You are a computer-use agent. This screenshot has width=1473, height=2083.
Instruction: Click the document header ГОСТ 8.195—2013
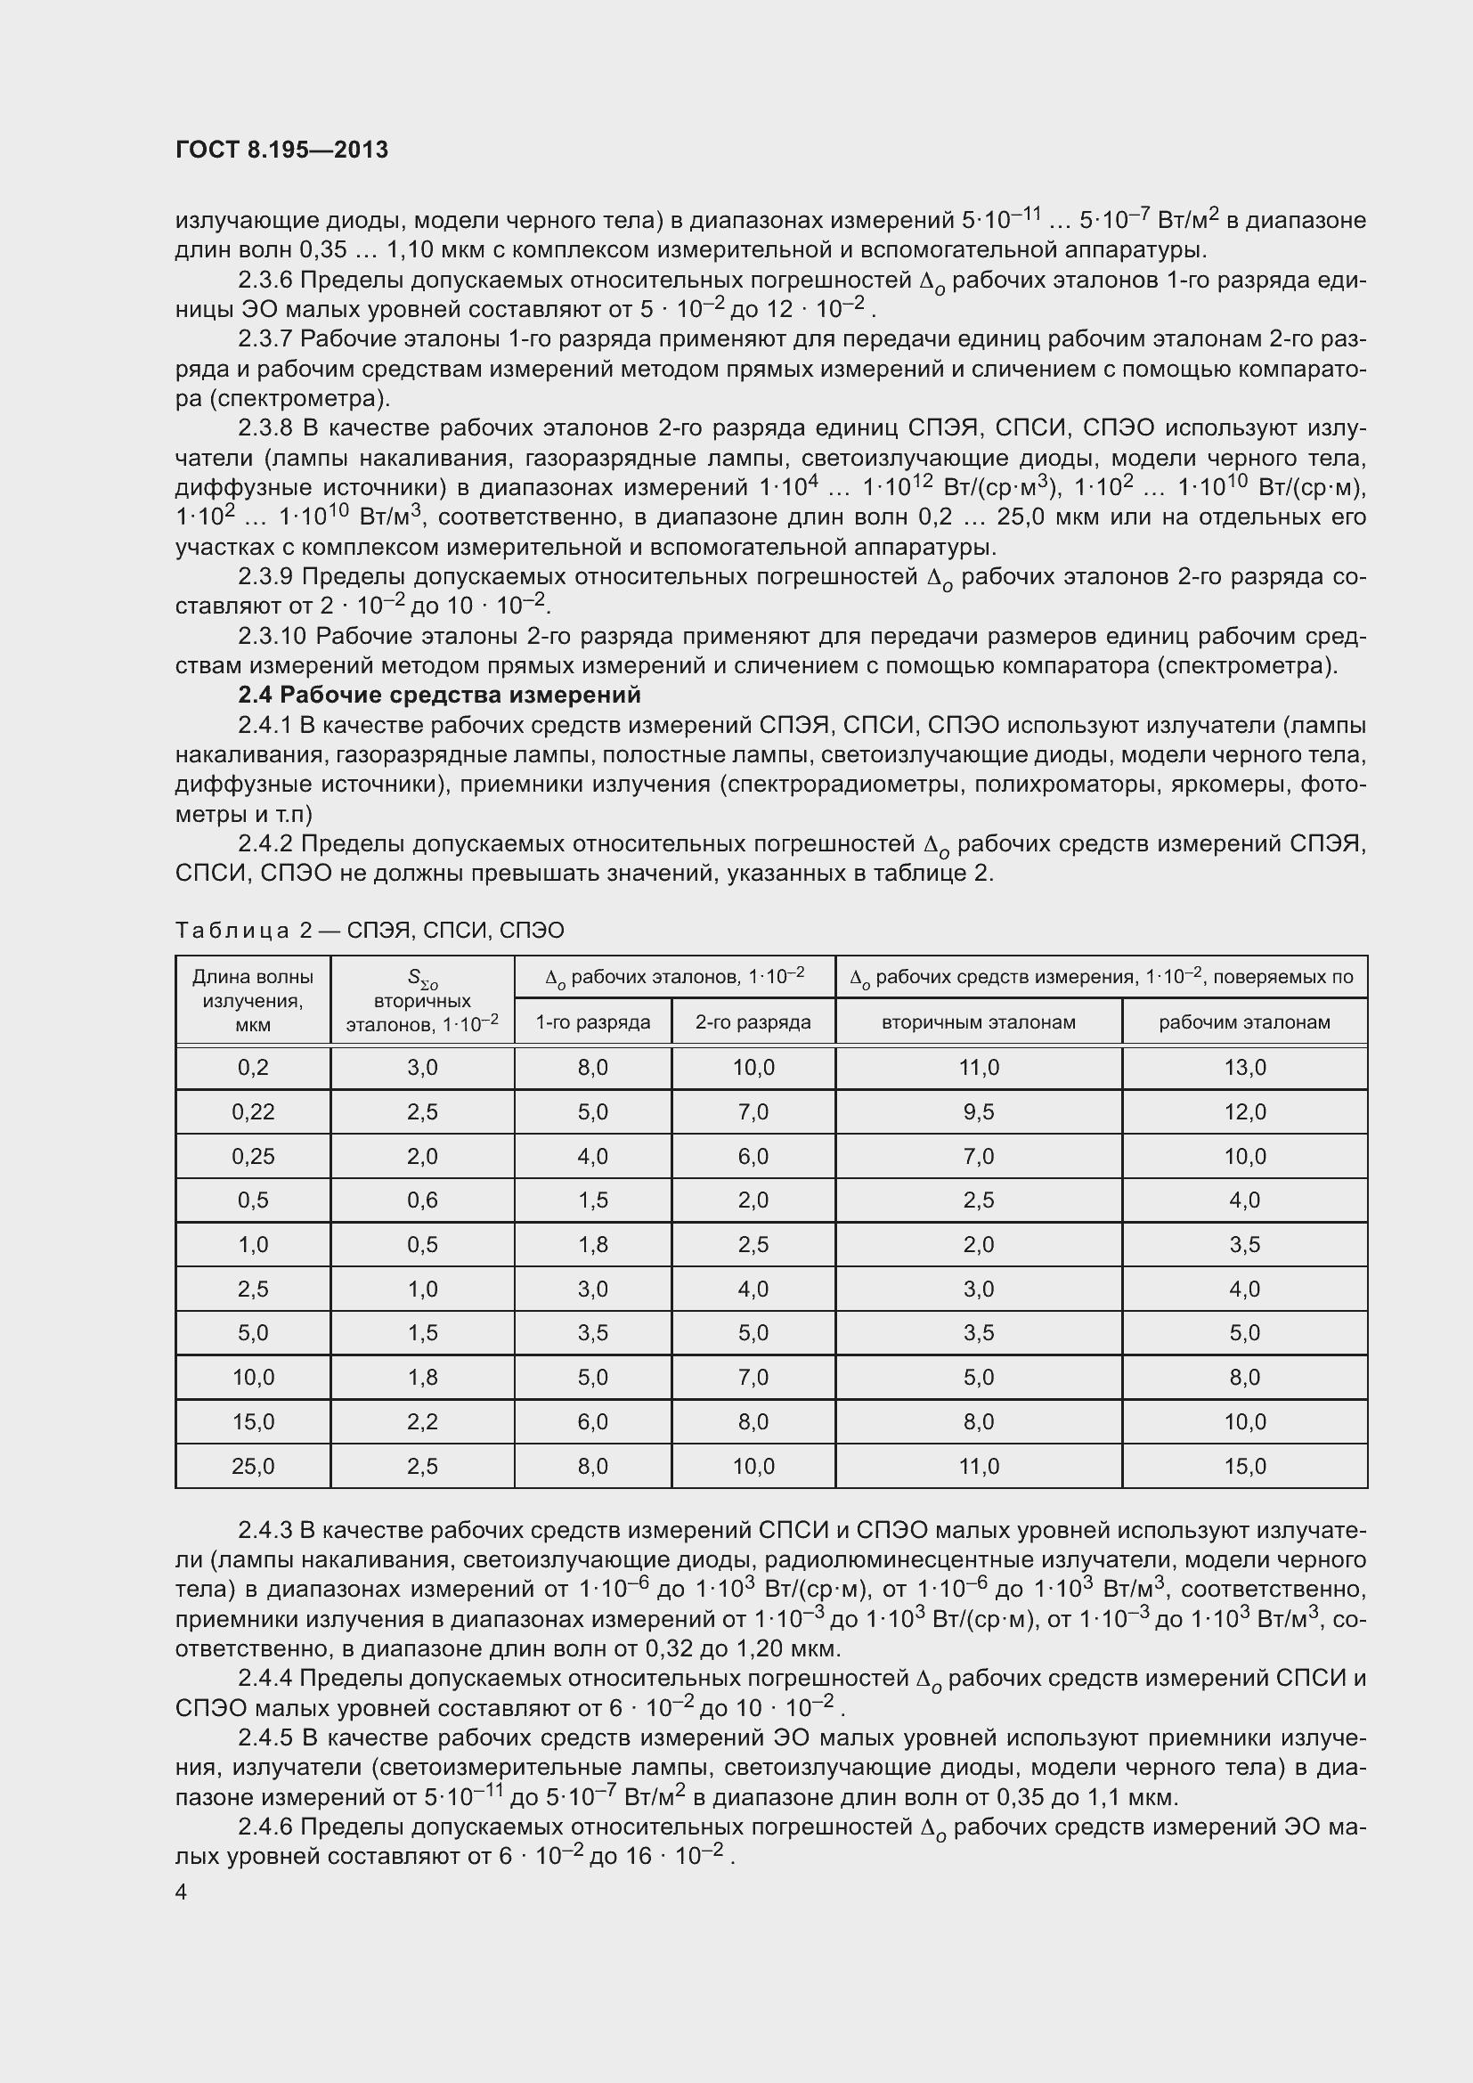tap(282, 151)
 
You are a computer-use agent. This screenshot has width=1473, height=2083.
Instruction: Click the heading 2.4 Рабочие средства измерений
tap(439, 696)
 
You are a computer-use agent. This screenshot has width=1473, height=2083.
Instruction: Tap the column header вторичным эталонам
tap(979, 1022)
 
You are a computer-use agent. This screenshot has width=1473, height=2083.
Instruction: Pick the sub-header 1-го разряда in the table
tap(592, 1022)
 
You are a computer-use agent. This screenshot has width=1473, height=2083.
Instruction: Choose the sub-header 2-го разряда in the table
tap(753, 1022)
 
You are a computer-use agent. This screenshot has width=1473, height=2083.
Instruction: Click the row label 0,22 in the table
tap(253, 1112)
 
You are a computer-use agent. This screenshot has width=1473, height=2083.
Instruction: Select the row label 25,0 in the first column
tap(253, 1467)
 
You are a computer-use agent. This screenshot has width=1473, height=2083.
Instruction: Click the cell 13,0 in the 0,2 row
tap(1244, 1068)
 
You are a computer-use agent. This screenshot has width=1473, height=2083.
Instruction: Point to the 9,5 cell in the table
tap(979, 1112)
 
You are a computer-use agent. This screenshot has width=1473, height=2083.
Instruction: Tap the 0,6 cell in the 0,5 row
tap(423, 1200)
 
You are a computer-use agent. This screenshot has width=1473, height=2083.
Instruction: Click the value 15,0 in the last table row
tap(1244, 1467)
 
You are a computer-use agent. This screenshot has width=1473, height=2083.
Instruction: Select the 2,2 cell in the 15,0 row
tap(423, 1421)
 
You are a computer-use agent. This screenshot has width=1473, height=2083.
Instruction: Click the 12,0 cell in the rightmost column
tap(1244, 1112)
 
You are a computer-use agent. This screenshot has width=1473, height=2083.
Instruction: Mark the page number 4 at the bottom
tap(182, 1892)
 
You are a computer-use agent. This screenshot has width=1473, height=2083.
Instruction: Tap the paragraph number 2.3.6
tap(264, 281)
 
